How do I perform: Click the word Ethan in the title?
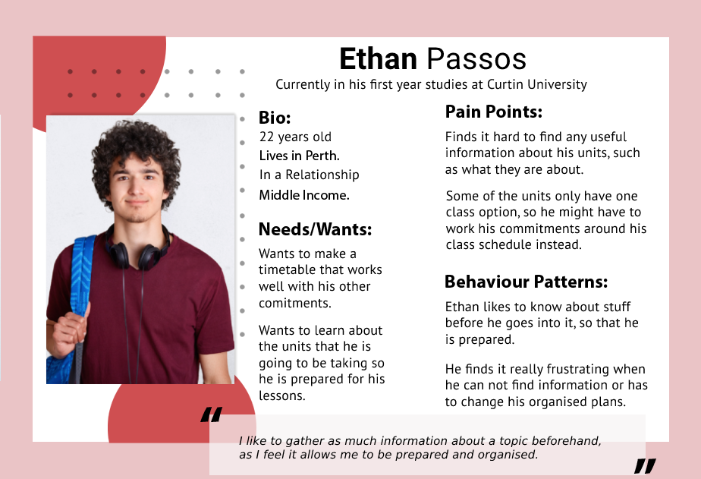[x=379, y=59]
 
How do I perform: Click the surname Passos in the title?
[x=476, y=59]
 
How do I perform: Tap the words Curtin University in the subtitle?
[x=537, y=84]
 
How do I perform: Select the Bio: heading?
[x=275, y=118]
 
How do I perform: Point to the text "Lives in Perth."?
[x=300, y=156]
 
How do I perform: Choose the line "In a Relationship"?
[x=310, y=175]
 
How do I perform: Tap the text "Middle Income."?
[x=304, y=195]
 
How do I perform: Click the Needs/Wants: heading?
[x=315, y=229]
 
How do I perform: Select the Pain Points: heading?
[x=494, y=112]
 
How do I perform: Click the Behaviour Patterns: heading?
[x=527, y=282]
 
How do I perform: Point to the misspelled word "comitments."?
[x=295, y=303]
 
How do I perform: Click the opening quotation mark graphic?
[x=212, y=414]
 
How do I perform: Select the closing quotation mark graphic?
[x=645, y=466]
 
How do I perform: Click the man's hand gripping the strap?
[x=69, y=329]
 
